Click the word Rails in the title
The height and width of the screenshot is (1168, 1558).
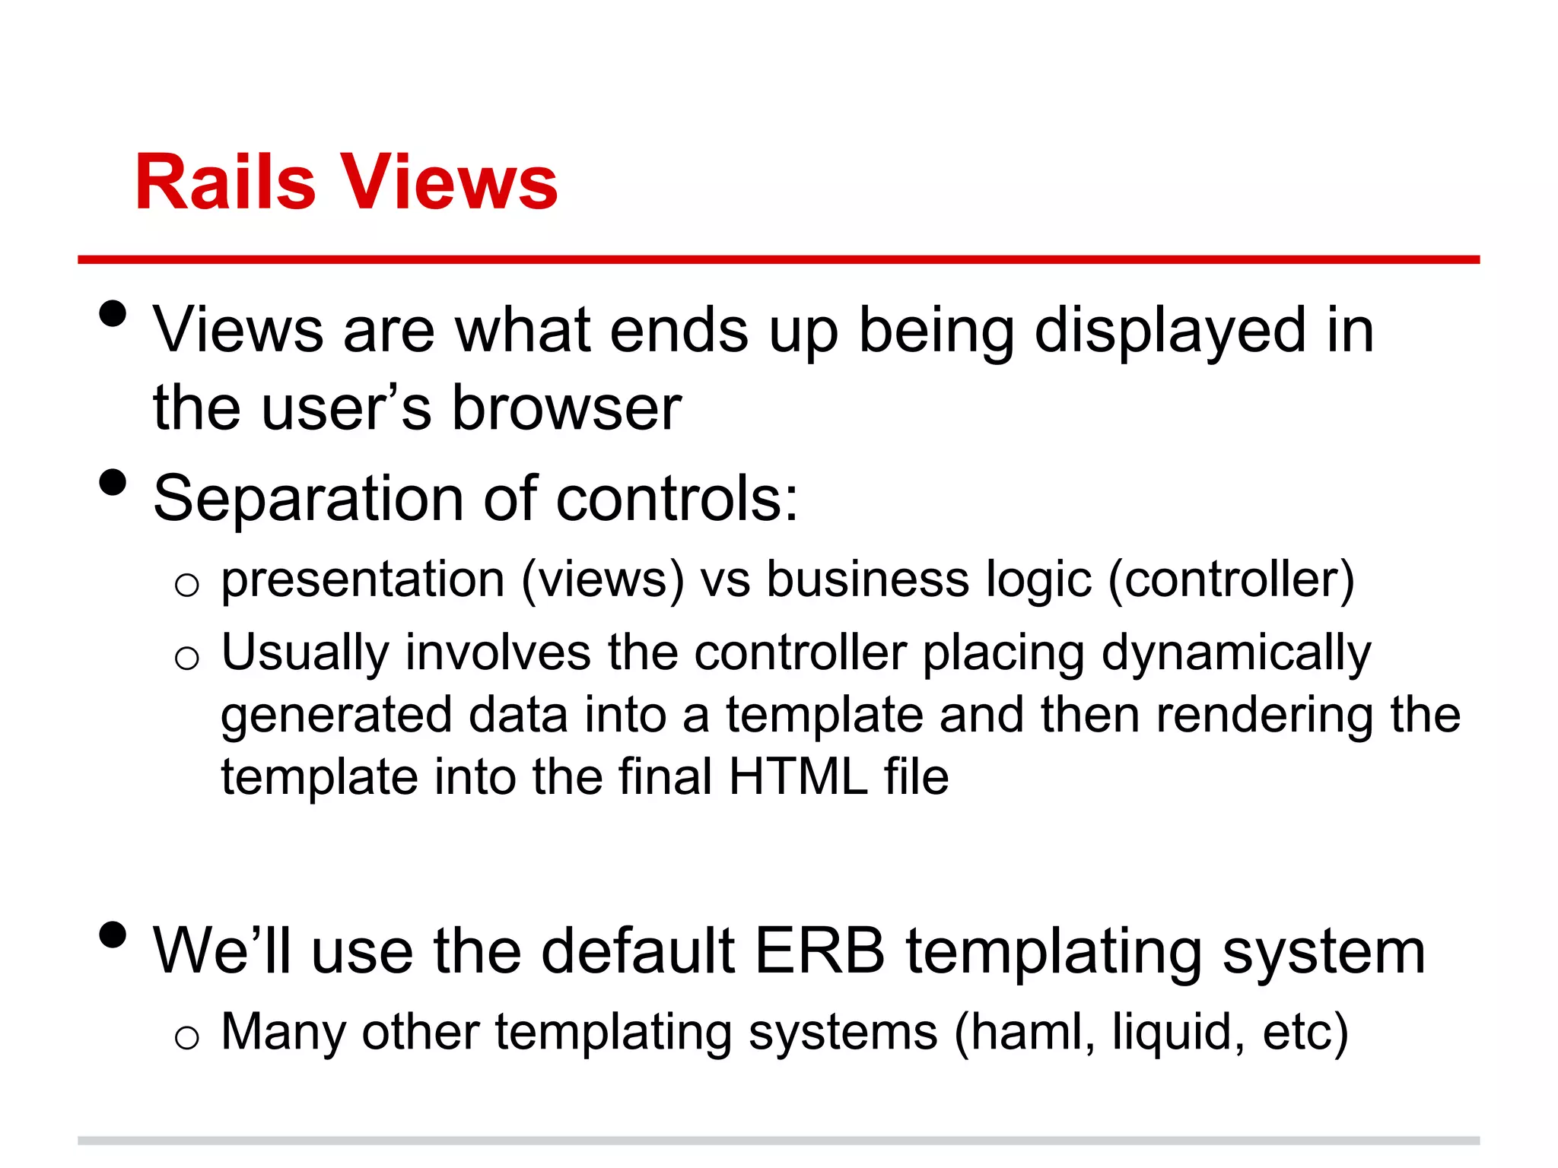(224, 182)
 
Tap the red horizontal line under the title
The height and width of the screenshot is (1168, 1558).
(778, 260)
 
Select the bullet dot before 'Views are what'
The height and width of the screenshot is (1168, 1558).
(113, 313)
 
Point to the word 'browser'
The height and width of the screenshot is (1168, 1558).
(566, 408)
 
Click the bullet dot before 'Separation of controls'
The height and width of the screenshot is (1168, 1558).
(113, 482)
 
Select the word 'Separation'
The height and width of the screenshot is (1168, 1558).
(309, 499)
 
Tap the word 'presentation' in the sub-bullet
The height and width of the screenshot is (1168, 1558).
(363, 579)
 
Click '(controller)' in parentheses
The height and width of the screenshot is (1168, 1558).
(1231, 579)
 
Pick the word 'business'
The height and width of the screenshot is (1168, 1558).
(867, 579)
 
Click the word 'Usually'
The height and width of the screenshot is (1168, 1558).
(304, 653)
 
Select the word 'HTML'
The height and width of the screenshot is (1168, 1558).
(798, 777)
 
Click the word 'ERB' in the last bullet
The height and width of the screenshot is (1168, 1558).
(819, 951)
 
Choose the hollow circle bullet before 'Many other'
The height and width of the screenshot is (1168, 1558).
(186, 1036)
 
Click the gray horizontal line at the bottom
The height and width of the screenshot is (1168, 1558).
(778, 1141)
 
